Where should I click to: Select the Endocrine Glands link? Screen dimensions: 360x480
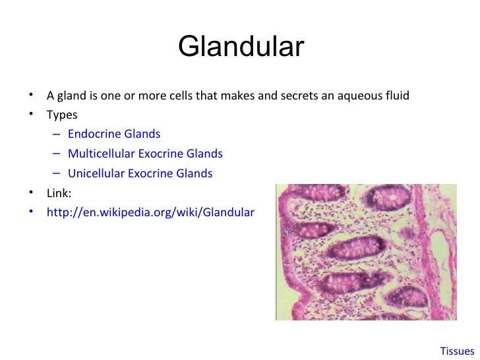click(x=113, y=135)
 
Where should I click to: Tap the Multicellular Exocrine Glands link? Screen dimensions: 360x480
click(x=145, y=154)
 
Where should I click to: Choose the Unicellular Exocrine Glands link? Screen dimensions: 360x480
click(x=140, y=174)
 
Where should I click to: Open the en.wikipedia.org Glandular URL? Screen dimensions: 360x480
click(x=150, y=213)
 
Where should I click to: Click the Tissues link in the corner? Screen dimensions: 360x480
click(x=457, y=351)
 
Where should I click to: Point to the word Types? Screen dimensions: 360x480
click(x=61, y=115)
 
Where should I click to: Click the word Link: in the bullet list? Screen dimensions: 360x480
click(x=59, y=194)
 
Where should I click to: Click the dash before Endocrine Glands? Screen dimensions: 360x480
click(x=57, y=135)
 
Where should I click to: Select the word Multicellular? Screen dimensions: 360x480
click(x=101, y=154)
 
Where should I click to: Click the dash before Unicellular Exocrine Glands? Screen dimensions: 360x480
click(x=57, y=174)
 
